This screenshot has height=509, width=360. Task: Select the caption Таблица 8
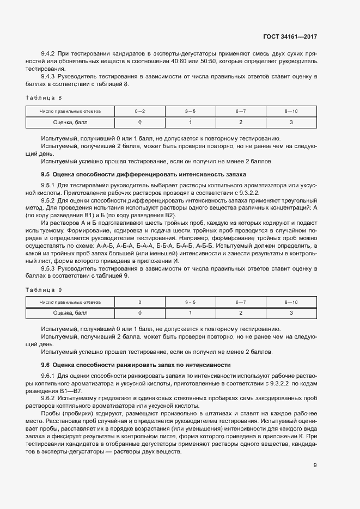(45, 97)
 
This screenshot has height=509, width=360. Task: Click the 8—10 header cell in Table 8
(291, 112)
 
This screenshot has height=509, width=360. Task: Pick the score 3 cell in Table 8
(291, 122)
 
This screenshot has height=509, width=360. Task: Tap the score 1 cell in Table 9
(190, 313)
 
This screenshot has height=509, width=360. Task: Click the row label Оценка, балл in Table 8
(70, 122)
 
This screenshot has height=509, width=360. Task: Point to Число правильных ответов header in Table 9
(70, 302)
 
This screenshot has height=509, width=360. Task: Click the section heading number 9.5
(45, 174)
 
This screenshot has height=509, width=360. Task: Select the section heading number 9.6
(45, 365)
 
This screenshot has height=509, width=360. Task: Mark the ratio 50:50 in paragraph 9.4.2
(201, 62)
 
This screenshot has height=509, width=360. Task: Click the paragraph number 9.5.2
(50, 200)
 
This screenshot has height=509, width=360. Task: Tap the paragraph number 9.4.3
(50, 77)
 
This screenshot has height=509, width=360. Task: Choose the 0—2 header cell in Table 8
(139, 112)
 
